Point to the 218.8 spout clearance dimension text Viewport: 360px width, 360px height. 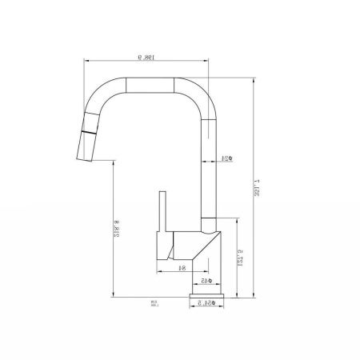click(x=116, y=231)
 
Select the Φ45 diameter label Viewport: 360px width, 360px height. click(x=205, y=282)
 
